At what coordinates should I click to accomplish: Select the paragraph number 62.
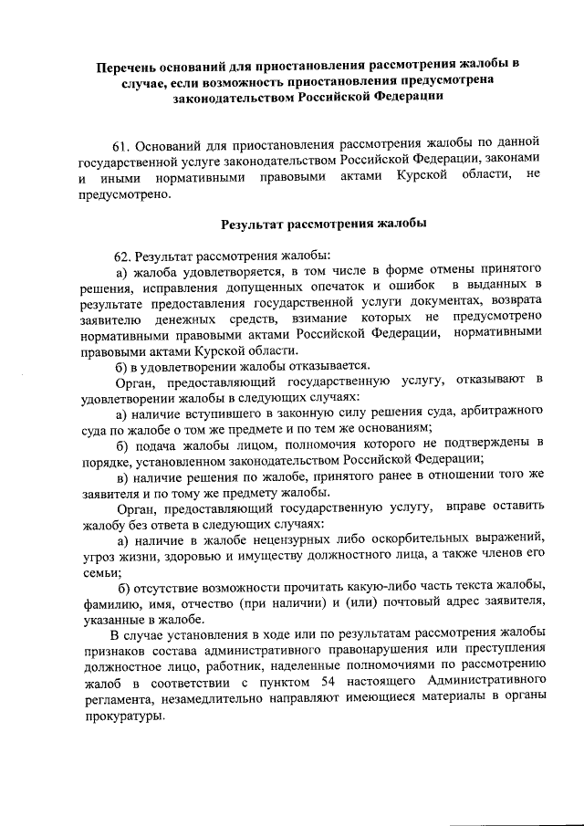[123, 254]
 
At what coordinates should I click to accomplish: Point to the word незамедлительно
[212, 699]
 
